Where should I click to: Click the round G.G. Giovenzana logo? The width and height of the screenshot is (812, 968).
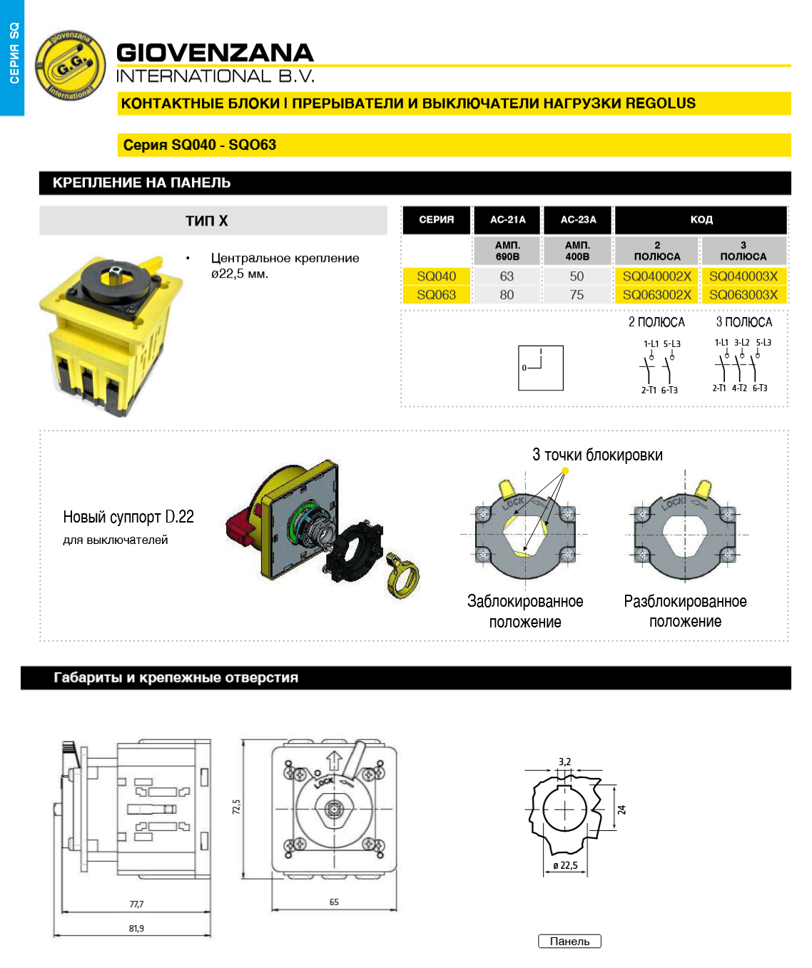click(x=70, y=65)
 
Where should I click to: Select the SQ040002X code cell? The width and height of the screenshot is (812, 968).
click(x=656, y=276)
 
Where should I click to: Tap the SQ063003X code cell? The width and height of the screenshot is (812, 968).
click(x=743, y=295)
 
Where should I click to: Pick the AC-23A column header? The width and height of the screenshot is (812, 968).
click(x=578, y=220)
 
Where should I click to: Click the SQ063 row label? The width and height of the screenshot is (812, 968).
click(x=436, y=295)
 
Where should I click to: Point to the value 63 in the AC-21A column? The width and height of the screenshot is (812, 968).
click(x=507, y=276)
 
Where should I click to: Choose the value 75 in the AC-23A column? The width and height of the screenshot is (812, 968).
click(x=577, y=295)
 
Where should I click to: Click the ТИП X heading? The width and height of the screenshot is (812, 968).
click(x=207, y=221)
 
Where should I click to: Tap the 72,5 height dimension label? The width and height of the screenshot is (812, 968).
click(x=236, y=807)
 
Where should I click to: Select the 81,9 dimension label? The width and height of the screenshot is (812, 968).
click(x=136, y=929)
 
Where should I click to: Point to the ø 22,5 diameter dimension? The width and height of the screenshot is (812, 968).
click(x=565, y=865)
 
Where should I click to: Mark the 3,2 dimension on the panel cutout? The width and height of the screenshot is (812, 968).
click(x=564, y=762)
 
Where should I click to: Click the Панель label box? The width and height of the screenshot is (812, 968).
click(x=569, y=941)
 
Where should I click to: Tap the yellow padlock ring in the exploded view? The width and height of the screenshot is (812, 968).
click(x=402, y=575)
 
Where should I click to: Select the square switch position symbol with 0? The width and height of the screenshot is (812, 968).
click(x=540, y=368)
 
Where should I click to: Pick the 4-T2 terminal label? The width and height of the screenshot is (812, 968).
click(x=739, y=388)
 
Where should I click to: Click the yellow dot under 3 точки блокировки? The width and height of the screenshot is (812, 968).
click(x=565, y=471)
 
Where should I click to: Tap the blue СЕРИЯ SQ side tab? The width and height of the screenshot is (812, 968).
click(x=12, y=58)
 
